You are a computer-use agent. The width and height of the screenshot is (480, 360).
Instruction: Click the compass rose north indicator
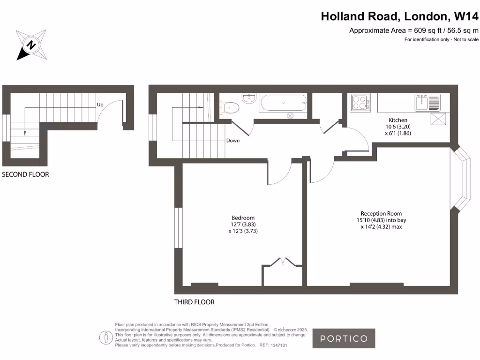pyautogui.click(x=31, y=45)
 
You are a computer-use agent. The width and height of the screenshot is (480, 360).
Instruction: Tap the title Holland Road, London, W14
pyautogui.click(x=400, y=16)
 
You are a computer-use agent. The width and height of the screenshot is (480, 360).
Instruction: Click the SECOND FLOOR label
pyautogui.click(x=25, y=174)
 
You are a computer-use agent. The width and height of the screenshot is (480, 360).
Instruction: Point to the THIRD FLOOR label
pyautogui.click(x=194, y=302)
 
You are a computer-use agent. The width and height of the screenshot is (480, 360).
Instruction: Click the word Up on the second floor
pyautogui.click(x=100, y=105)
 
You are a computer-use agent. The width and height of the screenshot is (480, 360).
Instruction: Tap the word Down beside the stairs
pyautogui.click(x=233, y=141)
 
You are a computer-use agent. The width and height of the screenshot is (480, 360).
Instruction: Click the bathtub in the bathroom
pyautogui.click(x=283, y=103)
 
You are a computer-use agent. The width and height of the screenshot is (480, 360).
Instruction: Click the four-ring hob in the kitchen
pyautogui.click(x=360, y=103)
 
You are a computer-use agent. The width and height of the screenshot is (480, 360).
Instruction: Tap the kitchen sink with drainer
pyautogui.click(x=427, y=102)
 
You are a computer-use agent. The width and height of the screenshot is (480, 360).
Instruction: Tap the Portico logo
pyautogui.click(x=344, y=338)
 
